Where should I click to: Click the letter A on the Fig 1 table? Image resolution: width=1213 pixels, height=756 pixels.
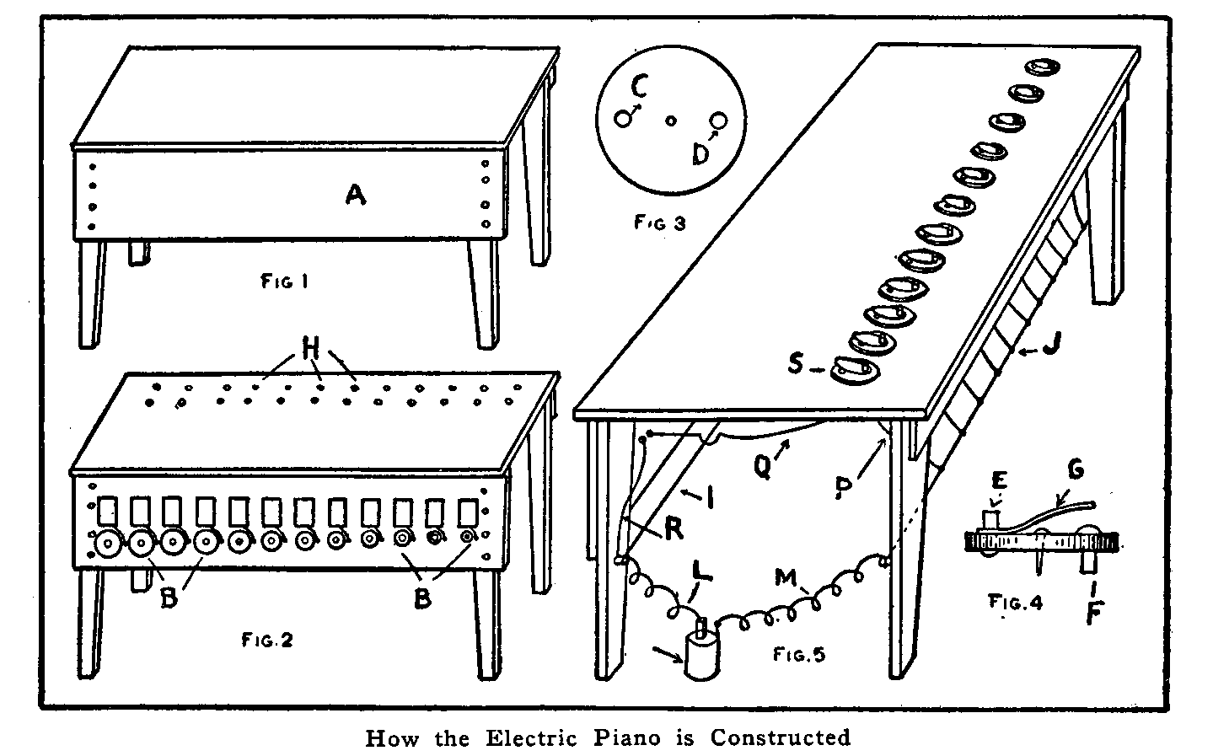[x=356, y=196]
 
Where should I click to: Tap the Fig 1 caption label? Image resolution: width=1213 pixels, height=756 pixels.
[x=283, y=281]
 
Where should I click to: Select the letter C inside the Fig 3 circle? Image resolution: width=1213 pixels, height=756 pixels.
[x=640, y=88]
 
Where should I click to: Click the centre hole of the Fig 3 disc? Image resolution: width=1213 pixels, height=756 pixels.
[x=671, y=121]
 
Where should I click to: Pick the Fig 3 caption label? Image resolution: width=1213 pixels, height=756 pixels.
[x=660, y=223]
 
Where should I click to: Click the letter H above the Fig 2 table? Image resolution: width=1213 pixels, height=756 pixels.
[x=310, y=346]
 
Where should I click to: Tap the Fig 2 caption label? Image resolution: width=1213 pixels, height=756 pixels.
[x=269, y=640]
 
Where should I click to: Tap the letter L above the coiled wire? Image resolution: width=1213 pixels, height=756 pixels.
[x=700, y=573]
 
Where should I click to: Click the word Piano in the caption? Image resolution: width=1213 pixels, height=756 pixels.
[x=625, y=737]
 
